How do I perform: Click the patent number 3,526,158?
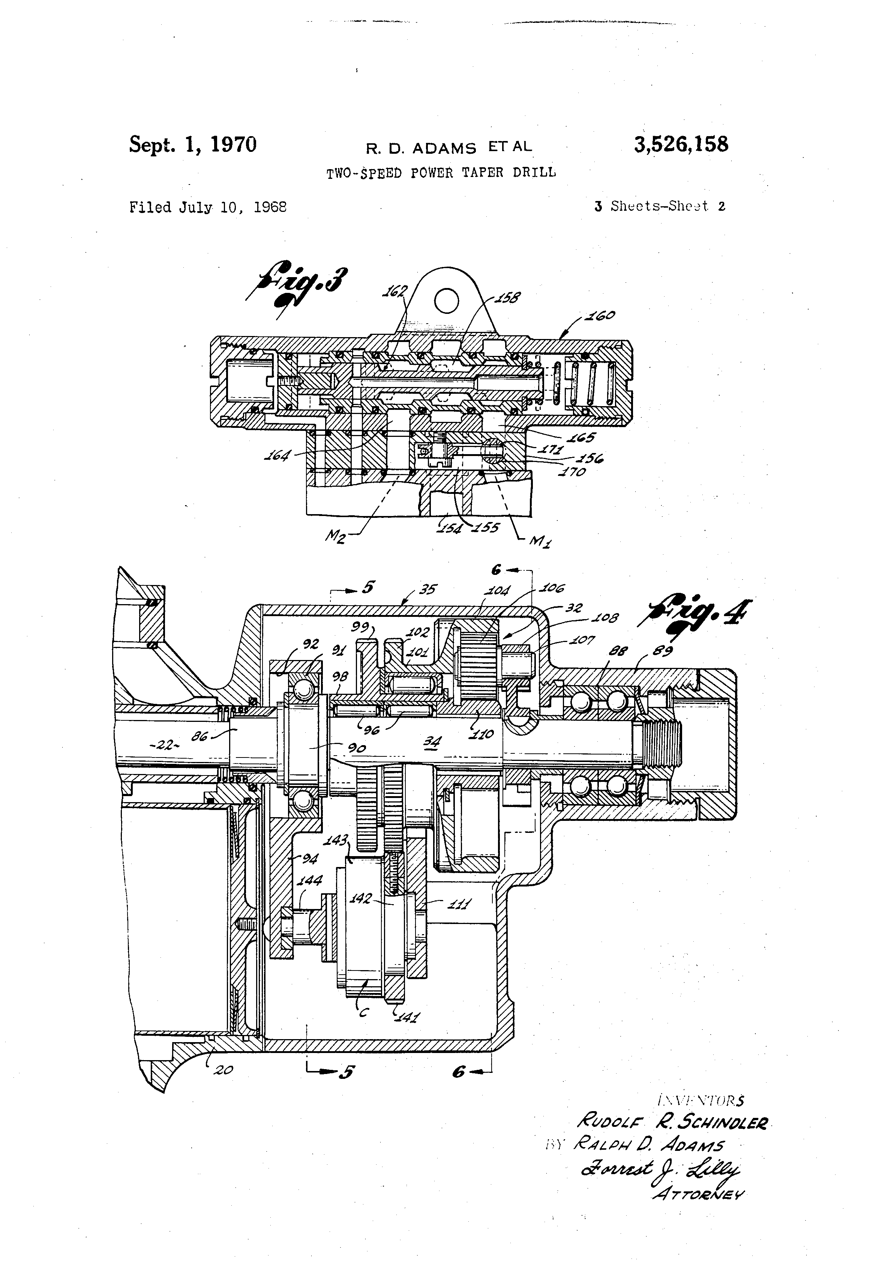pyautogui.click(x=681, y=145)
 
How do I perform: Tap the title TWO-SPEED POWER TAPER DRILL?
pyautogui.click(x=441, y=172)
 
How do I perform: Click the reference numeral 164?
pyautogui.click(x=277, y=455)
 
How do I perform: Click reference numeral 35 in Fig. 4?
pyautogui.click(x=427, y=589)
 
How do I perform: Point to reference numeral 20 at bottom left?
pyautogui.click(x=223, y=1069)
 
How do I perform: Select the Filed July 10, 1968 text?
pyautogui.click(x=208, y=207)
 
